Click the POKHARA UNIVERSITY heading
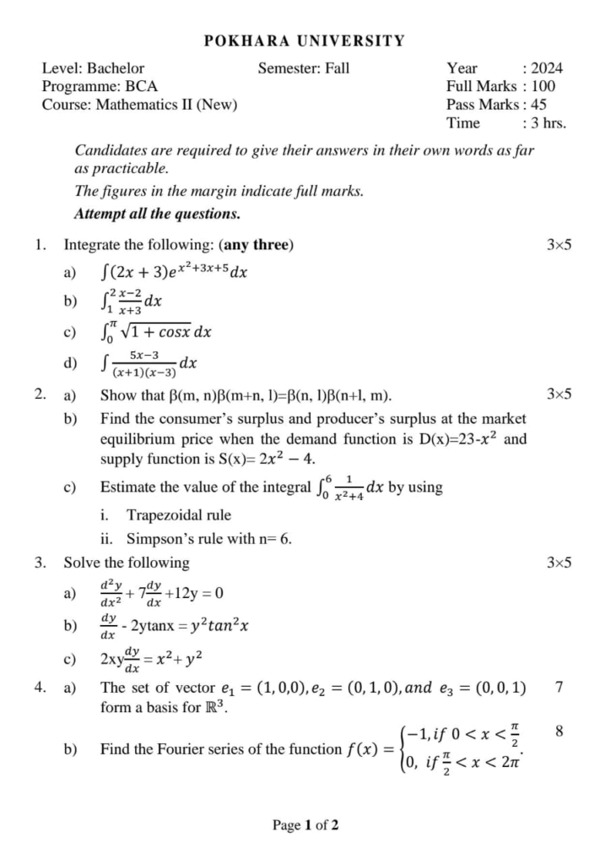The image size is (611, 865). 305,41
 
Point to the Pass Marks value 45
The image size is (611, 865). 538,105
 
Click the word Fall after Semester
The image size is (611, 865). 335,68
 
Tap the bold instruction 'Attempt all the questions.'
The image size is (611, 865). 157,214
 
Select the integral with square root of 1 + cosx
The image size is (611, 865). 155,332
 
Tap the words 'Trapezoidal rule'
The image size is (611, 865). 178,515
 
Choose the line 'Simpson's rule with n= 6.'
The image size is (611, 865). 209,539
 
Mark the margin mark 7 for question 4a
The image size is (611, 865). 560,688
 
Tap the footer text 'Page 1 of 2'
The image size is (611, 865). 305,825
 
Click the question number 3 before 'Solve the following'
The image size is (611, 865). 40,563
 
